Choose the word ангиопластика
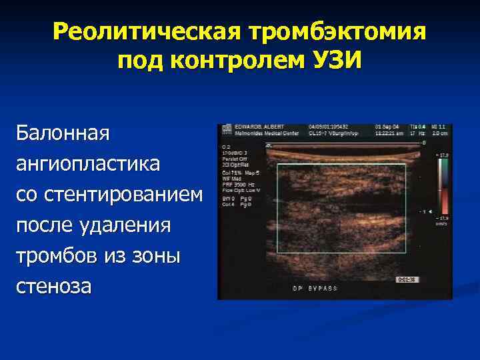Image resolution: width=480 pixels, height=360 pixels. coord(88,163)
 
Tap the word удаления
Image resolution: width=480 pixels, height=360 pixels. coord(133,225)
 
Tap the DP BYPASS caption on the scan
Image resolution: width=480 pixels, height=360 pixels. coord(317,289)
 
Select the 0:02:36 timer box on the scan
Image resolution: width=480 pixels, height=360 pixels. coord(407,280)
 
